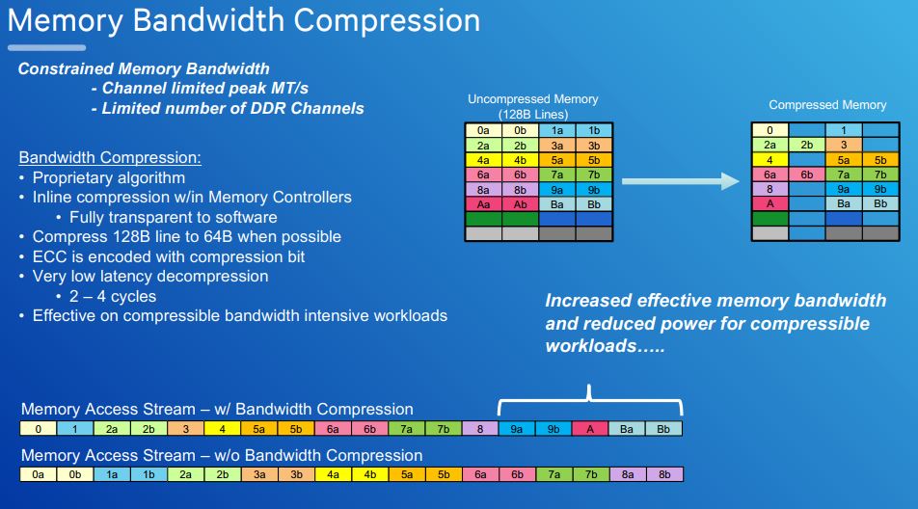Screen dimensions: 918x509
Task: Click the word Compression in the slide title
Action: click(387, 20)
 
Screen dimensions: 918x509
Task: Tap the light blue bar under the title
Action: click(47, 48)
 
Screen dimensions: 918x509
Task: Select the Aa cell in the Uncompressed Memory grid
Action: click(483, 204)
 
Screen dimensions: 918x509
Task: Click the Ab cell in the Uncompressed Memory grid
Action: click(520, 204)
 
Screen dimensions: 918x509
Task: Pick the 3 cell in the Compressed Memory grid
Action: click(844, 145)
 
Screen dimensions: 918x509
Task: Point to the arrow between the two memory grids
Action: click(681, 181)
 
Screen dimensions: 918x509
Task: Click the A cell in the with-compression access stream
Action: click(589, 429)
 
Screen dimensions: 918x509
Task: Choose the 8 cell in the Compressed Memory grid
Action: click(769, 189)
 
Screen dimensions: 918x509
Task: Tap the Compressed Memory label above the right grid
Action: click(827, 105)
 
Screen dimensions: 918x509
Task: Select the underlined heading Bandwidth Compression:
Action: click(110, 157)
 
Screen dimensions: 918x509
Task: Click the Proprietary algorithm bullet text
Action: click(109, 177)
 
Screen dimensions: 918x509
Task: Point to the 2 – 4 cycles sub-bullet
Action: click(113, 297)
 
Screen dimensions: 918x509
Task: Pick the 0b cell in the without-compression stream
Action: click(75, 474)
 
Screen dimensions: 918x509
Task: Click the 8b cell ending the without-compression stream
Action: click(664, 474)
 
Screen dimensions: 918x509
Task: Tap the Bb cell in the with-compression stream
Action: click(663, 429)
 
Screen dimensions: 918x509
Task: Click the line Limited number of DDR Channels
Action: click(233, 109)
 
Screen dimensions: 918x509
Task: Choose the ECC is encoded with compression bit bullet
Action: click(169, 256)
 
